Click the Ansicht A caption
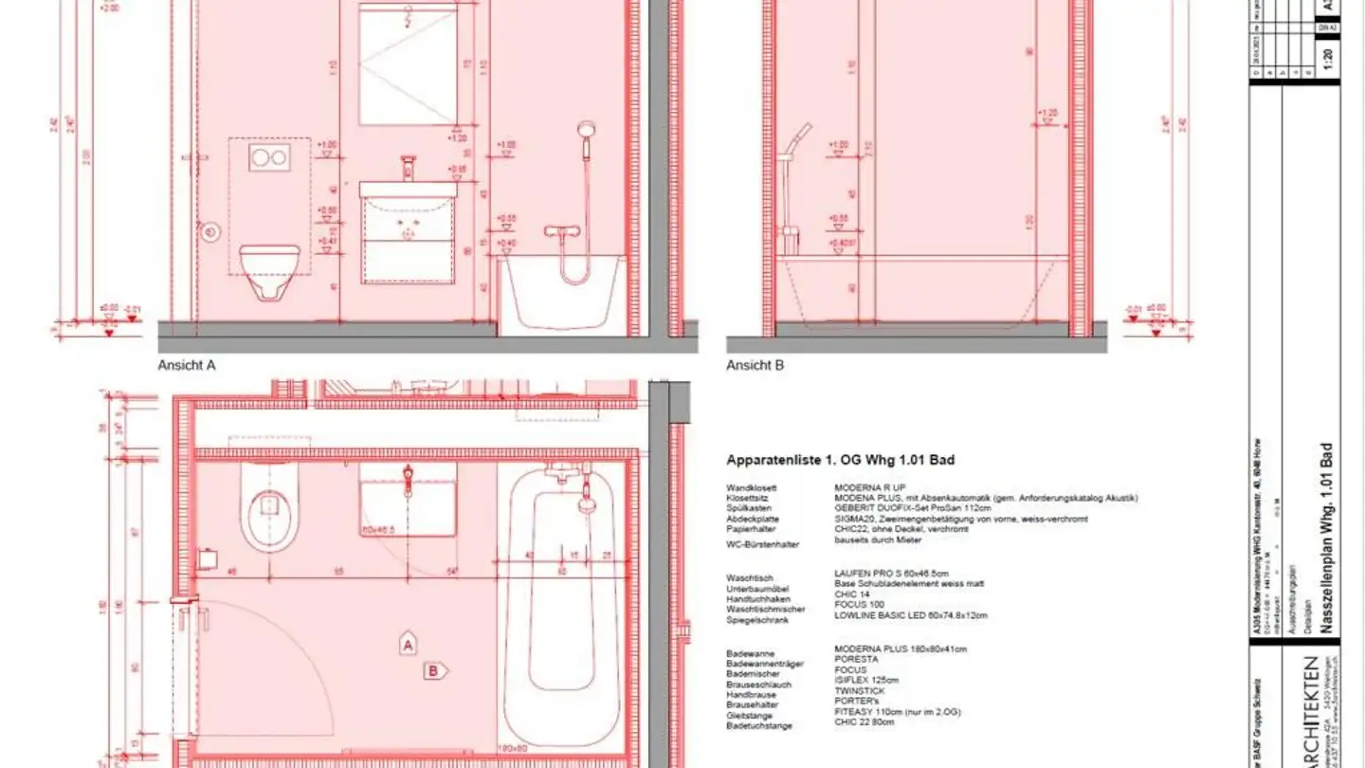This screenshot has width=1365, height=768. [187, 364]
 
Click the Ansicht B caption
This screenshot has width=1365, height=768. [755, 364]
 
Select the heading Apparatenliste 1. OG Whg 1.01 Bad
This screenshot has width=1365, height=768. [840, 460]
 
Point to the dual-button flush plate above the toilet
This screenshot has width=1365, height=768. [269, 158]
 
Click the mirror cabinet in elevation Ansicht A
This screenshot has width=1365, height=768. [409, 64]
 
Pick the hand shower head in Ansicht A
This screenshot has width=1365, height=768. [587, 129]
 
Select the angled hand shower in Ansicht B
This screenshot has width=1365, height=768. [801, 133]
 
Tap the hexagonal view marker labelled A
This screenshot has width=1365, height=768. [408, 645]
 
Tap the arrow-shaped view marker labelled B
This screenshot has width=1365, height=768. [435, 671]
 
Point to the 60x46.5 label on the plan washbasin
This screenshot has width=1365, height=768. [382, 530]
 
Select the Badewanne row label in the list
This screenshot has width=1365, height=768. [750, 654]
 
